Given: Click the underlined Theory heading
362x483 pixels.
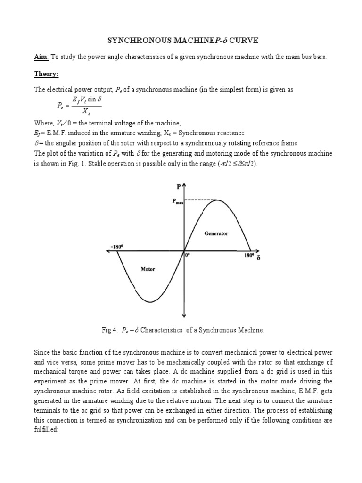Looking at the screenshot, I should tap(45, 74).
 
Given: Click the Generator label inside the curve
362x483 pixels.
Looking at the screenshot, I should tap(216, 233).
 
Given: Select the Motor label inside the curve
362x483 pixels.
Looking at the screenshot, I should tap(148, 269).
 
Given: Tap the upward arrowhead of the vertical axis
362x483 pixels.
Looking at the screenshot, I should tap(184, 184).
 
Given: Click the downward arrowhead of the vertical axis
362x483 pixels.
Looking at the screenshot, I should tap(184, 315).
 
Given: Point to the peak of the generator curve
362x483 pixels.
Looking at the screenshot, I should tap(217, 200).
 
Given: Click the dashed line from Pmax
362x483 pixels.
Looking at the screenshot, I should tap(200, 200).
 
